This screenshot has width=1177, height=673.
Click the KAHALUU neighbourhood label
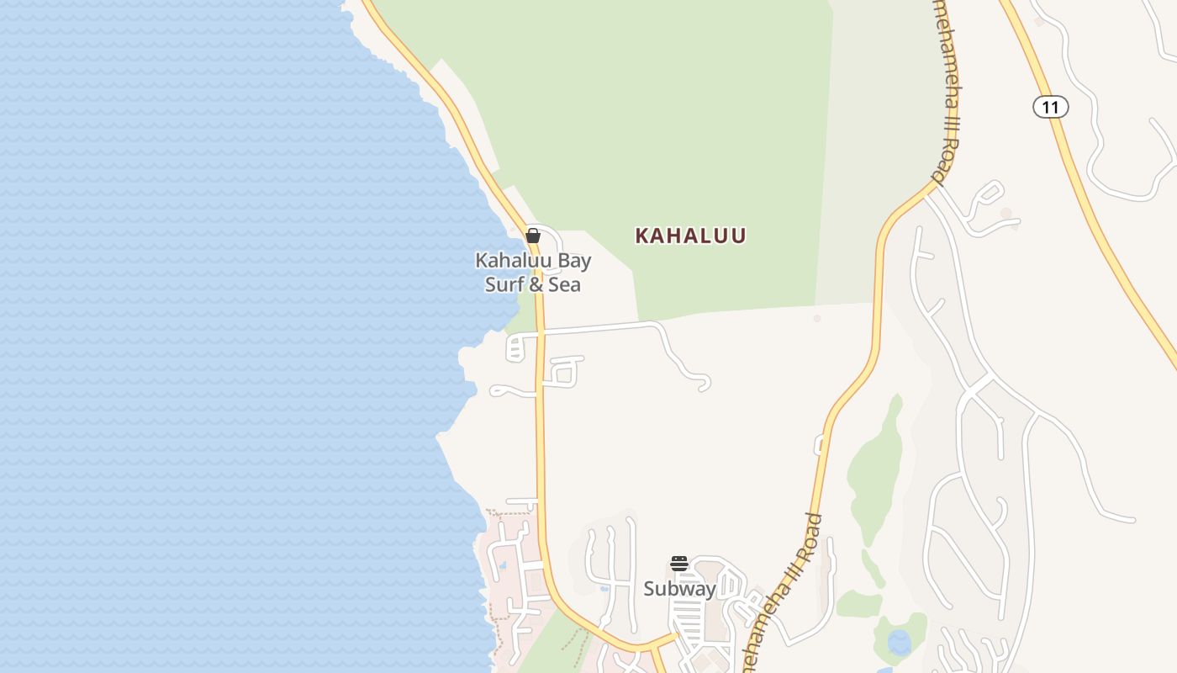click(x=690, y=236)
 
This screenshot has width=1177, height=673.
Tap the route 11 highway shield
click(x=1050, y=107)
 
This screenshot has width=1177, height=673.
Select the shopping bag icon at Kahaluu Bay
click(x=533, y=236)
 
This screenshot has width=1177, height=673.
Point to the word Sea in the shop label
click(x=565, y=284)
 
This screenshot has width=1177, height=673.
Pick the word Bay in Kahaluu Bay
click(x=573, y=260)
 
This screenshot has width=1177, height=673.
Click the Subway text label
click(x=679, y=589)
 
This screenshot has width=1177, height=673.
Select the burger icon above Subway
click(x=679, y=563)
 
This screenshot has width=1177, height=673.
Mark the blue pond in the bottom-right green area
click(x=899, y=642)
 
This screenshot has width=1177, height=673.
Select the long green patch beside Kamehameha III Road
click(x=874, y=463)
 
